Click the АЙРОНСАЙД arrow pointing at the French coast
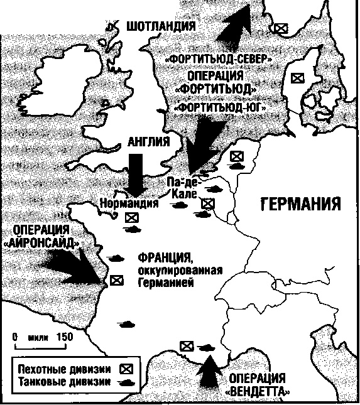pos(72,267)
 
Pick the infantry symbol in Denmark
pos(297,78)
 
